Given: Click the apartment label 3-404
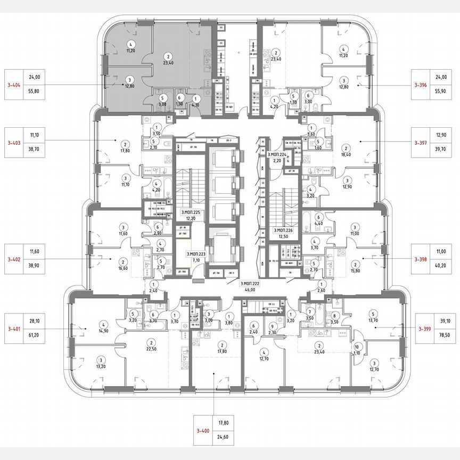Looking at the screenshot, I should click(x=13, y=84).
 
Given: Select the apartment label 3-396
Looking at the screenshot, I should click(x=422, y=84).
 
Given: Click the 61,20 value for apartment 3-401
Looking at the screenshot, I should click(x=35, y=329).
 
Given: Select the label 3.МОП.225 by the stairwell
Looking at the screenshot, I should click(x=190, y=212).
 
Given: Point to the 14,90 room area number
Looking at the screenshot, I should click(x=104, y=330).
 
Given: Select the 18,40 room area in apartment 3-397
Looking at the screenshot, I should click(x=346, y=155).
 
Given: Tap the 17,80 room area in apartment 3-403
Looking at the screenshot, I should click(x=125, y=150).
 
